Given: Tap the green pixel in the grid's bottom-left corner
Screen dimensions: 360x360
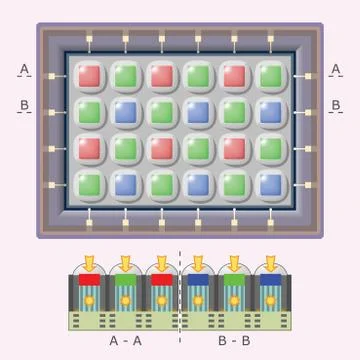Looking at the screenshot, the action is [90, 184].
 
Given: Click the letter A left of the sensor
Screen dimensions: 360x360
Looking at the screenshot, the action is [25, 69].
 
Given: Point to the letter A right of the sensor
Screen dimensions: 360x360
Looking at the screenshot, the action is [336, 69].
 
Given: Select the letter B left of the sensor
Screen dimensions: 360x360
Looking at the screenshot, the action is [25, 105].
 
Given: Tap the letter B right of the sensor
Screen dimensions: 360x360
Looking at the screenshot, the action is [336, 105].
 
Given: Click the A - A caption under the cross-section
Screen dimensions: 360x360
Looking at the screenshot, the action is [124, 341].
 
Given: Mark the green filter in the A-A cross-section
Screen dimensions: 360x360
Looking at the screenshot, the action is [124, 282].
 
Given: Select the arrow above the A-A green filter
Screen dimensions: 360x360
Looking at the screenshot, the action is [124, 263].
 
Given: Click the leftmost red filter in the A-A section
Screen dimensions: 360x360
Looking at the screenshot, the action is [89, 282].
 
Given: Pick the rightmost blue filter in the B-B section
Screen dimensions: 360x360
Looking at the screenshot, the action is [269, 282].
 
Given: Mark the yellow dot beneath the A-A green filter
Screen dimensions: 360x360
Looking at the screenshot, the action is [124, 300].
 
